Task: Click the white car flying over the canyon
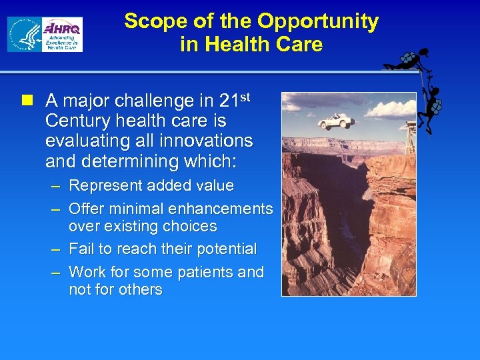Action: point(336,121)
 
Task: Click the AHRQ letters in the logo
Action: point(63,28)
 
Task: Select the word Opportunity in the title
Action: point(318,21)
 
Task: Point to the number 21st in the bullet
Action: point(234,101)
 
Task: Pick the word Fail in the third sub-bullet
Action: point(81,249)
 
